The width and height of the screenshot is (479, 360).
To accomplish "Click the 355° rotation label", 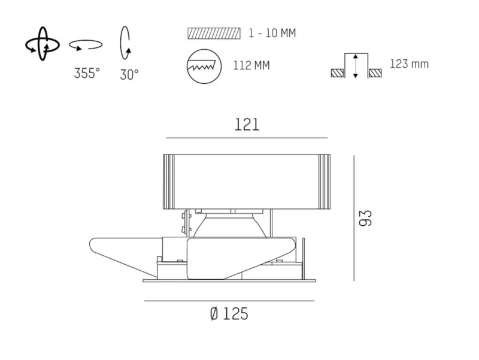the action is (x=87, y=73).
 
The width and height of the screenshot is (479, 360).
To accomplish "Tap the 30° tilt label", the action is (x=129, y=75).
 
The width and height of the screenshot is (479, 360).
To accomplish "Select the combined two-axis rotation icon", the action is (x=42, y=44).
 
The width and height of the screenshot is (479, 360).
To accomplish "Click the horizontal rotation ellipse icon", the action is (x=86, y=45).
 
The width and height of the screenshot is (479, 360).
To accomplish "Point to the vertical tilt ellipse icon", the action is (x=125, y=43).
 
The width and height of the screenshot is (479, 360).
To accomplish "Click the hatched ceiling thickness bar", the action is (x=214, y=34).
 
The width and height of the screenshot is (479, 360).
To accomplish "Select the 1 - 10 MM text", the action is (x=272, y=33).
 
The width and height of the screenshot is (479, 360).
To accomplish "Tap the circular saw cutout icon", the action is (x=204, y=66).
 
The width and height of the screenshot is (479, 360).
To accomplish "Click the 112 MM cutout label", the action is (x=251, y=65).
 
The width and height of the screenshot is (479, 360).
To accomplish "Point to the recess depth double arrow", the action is (x=355, y=66).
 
